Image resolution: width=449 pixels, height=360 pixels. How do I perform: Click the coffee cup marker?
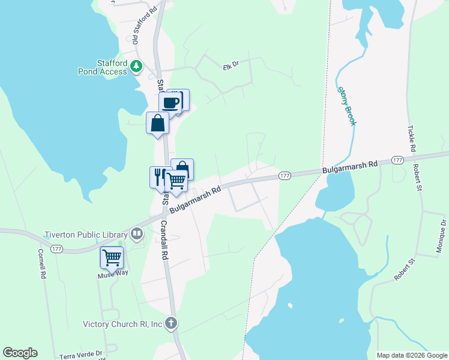170,103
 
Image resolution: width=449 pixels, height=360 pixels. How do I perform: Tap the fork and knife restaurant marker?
159,176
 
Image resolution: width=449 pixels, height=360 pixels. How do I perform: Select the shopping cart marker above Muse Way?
112,257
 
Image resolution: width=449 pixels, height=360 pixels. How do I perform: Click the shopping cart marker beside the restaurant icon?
175,180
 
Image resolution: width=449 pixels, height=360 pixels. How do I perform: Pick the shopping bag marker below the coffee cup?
157,124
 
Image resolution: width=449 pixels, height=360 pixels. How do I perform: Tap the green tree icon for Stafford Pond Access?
136,66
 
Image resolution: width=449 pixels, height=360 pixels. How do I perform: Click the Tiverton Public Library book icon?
137,234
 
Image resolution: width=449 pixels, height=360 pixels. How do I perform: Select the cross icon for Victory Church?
171,324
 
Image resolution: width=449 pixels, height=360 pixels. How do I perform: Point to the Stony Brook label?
347,106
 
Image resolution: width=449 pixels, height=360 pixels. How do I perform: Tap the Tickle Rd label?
411,138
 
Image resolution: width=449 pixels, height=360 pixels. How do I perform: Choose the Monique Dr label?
441,237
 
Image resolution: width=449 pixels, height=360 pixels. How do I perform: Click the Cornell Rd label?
42,264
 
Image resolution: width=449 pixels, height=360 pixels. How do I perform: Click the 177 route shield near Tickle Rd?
397,160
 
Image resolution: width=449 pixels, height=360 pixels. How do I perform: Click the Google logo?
20,353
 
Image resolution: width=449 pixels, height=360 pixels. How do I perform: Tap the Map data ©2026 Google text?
411,355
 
